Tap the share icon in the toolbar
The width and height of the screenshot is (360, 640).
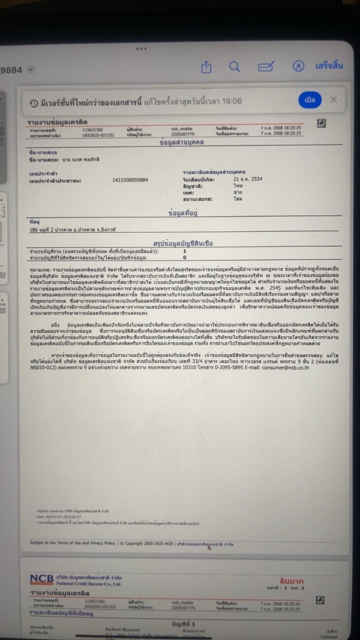click(x=206, y=67)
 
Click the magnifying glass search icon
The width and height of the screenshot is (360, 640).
click(x=234, y=67)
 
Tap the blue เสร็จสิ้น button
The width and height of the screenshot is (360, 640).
click(x=329, y=66)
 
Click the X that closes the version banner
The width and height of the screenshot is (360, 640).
click(x=333, y=100)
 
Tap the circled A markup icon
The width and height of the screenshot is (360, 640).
click(x=298, y=67)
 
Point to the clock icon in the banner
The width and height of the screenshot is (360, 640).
click(x=33, y=102)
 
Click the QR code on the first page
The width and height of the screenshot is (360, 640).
click(x=321, y=123)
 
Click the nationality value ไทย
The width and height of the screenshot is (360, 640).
click(x=237, y=185)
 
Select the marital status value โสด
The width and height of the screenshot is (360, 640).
click(x=237, y=199)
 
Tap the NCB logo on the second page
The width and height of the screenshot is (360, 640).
click(x=41, y=579)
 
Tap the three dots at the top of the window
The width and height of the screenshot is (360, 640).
click(x=141, y=48)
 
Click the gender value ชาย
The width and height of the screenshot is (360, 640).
click(x=237, y=192)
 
